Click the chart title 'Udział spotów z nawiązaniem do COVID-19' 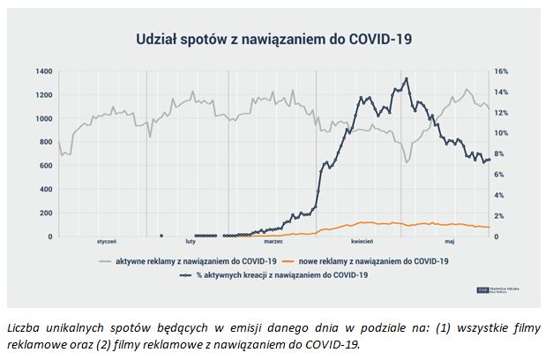pos(273,39)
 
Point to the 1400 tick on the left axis pos(43,71)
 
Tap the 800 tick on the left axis pos(45,142)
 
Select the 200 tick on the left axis pos(45,214)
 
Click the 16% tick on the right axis pos(502,71)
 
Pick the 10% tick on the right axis pos(502,133)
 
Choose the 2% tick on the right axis pos(500,216)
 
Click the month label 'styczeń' pos(106,242)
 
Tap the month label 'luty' pos(191,242)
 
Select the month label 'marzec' pos(273,242)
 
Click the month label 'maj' pos(449,242)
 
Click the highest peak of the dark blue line pos(406,79)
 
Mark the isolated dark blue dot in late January pos(161,236)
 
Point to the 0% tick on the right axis pos(500,236)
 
